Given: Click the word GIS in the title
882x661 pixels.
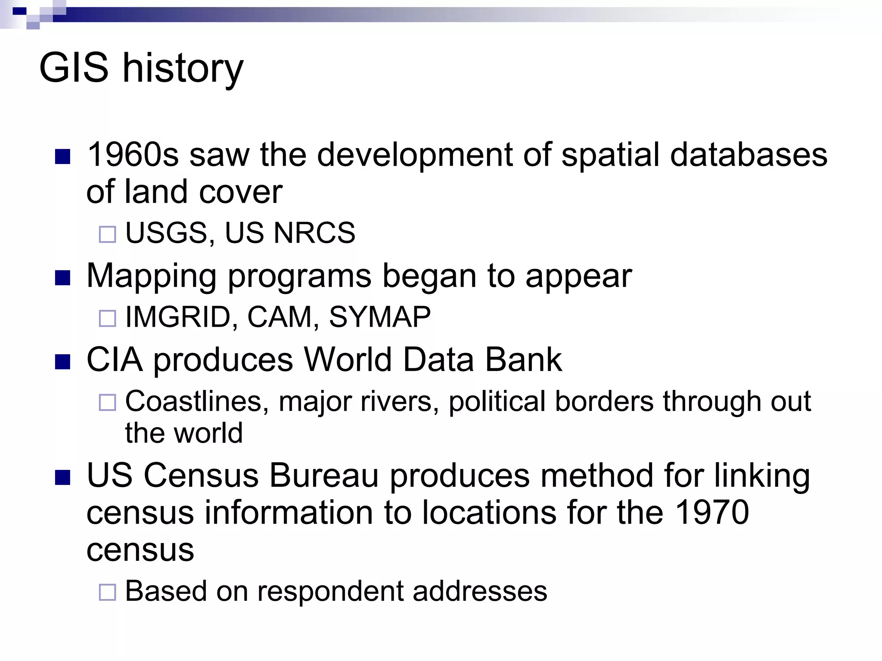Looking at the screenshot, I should (x=74, y=68).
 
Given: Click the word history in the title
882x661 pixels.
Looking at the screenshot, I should (x=183, y=69).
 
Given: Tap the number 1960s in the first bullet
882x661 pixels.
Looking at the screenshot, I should (x=133, y=154).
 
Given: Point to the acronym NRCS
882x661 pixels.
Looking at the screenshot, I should (x=314, y=233).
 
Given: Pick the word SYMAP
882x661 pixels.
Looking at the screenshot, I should (x=379, y=317).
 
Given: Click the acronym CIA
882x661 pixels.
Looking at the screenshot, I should (x=115, y=359).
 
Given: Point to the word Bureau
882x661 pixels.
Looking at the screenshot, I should (x=323, y=476).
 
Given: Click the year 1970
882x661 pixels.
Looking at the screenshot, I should (x=712, y=513).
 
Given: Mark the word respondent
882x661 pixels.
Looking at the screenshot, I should (x=330, y=591).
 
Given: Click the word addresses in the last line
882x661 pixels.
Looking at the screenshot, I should (x=480, y=591).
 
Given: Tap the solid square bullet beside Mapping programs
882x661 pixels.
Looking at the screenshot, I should (x=63, y=278).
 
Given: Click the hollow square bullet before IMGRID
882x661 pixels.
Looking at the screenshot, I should (x=108, y=319).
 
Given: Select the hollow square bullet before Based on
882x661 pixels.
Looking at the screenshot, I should (x=108, y=593).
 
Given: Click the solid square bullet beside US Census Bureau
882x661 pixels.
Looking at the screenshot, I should (x=63, y=478).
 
